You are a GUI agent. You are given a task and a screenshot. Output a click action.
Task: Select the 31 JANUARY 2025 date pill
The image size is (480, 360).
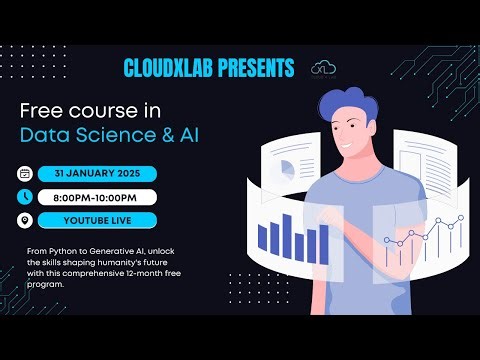tap(97, 172)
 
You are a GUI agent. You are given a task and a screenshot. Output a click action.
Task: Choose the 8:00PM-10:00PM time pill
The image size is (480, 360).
tap(97, 196)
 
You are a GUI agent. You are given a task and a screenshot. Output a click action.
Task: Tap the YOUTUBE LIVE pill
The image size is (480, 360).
tap(97, 220)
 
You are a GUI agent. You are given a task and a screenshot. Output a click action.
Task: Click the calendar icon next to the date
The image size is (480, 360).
tap(24, 172)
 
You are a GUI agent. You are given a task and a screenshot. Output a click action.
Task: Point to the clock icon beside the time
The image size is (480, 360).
tap(24, 196)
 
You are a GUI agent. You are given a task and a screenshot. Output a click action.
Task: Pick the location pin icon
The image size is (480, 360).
tap(24, 220)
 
